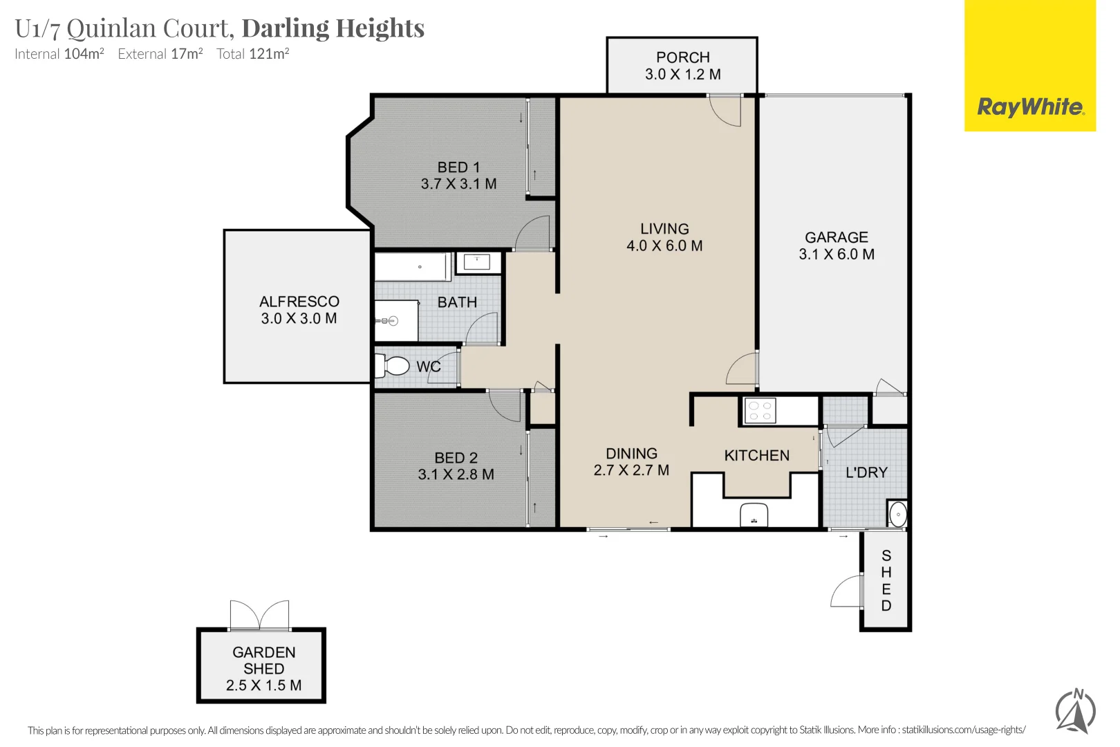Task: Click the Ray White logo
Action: pyautogui.click(x=1030, y=107)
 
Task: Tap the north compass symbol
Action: pyautogui.click(x=1075, y=710)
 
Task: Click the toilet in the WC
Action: pyautogui.click(x=392, y=365)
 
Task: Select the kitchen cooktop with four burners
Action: pyautogui.click(x=760, y=411)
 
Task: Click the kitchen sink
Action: pyautogui.click(x=754, y=515)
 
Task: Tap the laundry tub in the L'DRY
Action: pyautogui.click(x=897, y=514)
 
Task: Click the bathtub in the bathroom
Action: pyautogui.click(x=412, y=267)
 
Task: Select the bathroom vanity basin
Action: pyautogui.click(x=477, y=261)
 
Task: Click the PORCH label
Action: pyautogui.click(x=682, y=57)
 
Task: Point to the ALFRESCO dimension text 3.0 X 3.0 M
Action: pyautogui.click(x=299, y=319)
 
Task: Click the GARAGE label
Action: pyautogui.click(x=836, y=237)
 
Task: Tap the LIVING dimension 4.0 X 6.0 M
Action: pyautogui.click(x=664, y=246)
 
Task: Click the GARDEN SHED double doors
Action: pyautogui.click(x=260, y=615)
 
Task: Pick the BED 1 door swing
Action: pyautogui.click(x=534, y=234)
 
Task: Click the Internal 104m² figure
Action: pyautogui.click(x=83, y=54)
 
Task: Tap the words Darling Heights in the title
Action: pyautogui.click(x=333, y=28)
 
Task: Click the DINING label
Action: pyautogui.click(x=631, y=454)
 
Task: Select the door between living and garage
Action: pyautogui.click(x=743, y=369)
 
